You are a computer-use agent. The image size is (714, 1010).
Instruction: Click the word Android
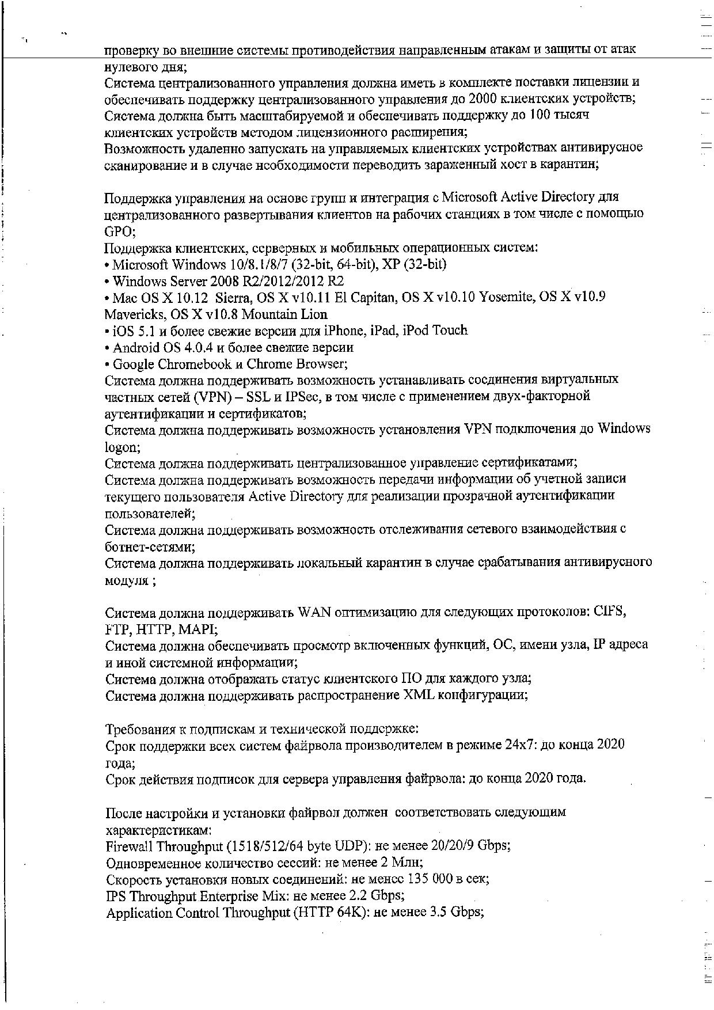[x=136, y=347]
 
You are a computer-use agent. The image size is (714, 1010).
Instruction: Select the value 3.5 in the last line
[x=439, y=913]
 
